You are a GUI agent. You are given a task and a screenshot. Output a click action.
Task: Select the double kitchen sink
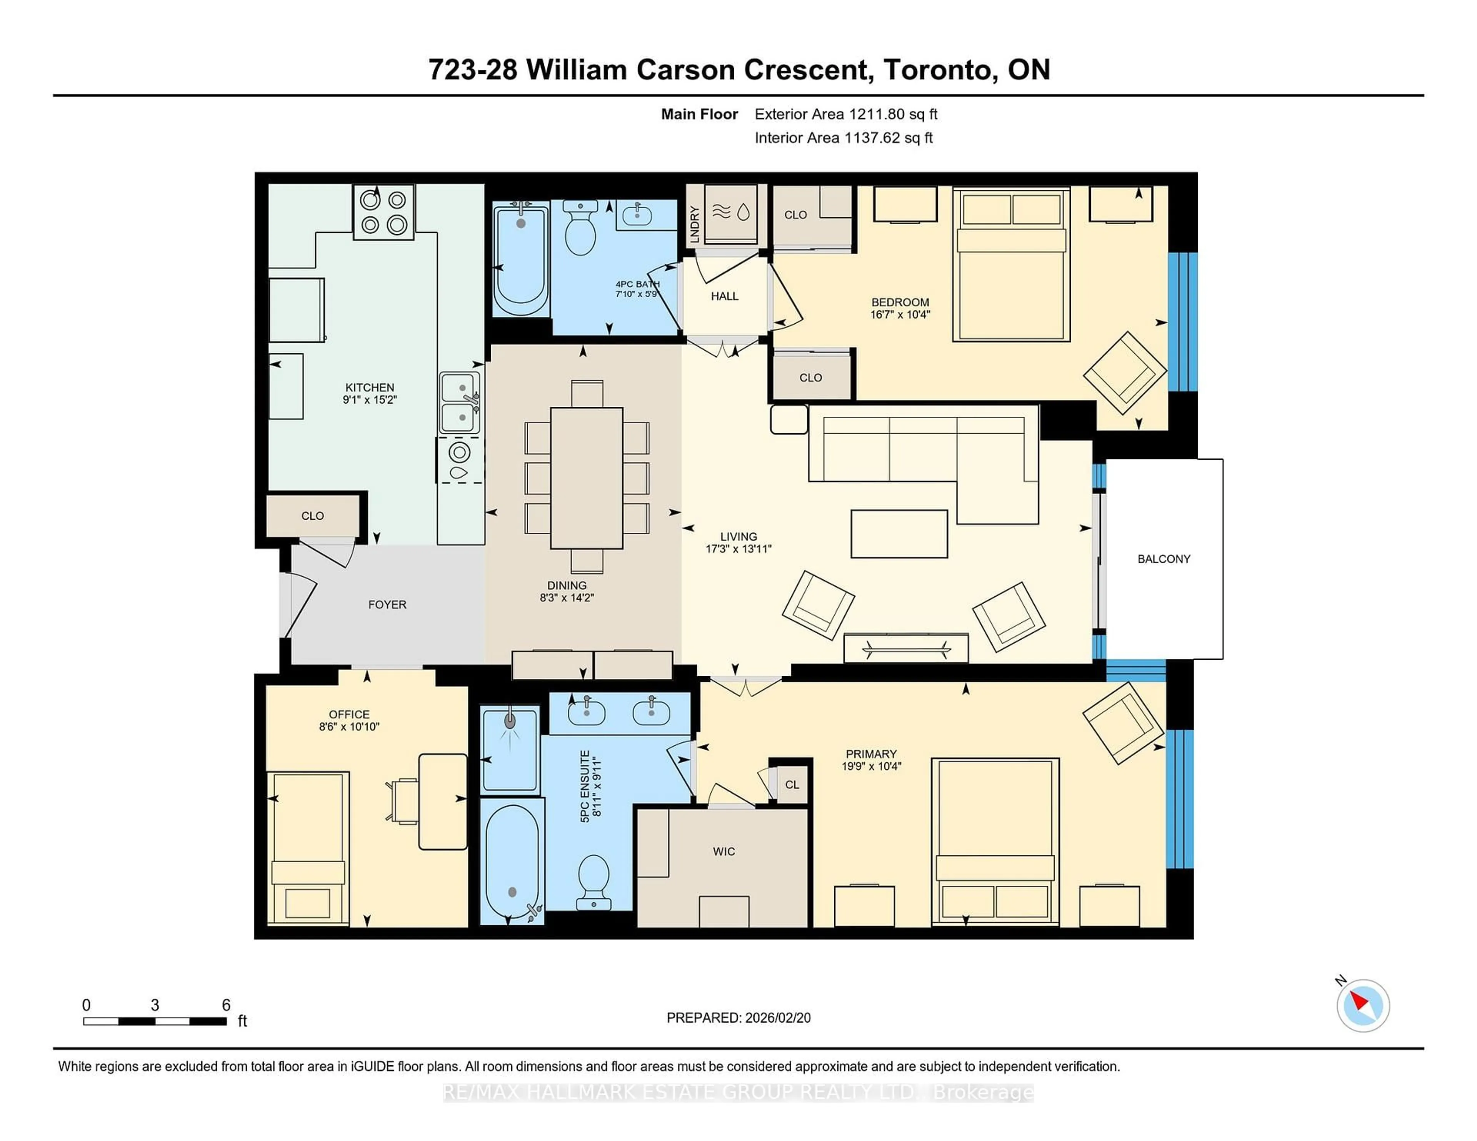click(460, 403)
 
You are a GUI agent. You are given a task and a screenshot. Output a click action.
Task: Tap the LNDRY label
click(694, 224)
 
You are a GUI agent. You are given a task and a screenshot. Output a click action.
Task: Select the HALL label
click(724, 296)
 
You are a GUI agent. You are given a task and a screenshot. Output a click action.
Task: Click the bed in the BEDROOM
click(1011, 264)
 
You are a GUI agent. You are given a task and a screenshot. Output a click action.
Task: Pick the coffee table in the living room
click(899, 533)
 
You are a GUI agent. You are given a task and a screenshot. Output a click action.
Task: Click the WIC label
click(723, 852)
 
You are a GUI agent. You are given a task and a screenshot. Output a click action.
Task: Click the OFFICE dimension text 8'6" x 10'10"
click(349, 727)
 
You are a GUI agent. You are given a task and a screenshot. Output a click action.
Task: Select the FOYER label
click(387, 604)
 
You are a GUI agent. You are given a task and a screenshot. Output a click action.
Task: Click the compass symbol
click(1363, 1005)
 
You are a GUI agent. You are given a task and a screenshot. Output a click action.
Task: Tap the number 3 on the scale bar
click(155, 1005)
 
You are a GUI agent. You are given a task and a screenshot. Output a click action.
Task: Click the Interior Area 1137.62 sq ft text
click(844, 138)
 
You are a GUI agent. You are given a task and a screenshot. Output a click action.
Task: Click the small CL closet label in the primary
click(792, 785)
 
